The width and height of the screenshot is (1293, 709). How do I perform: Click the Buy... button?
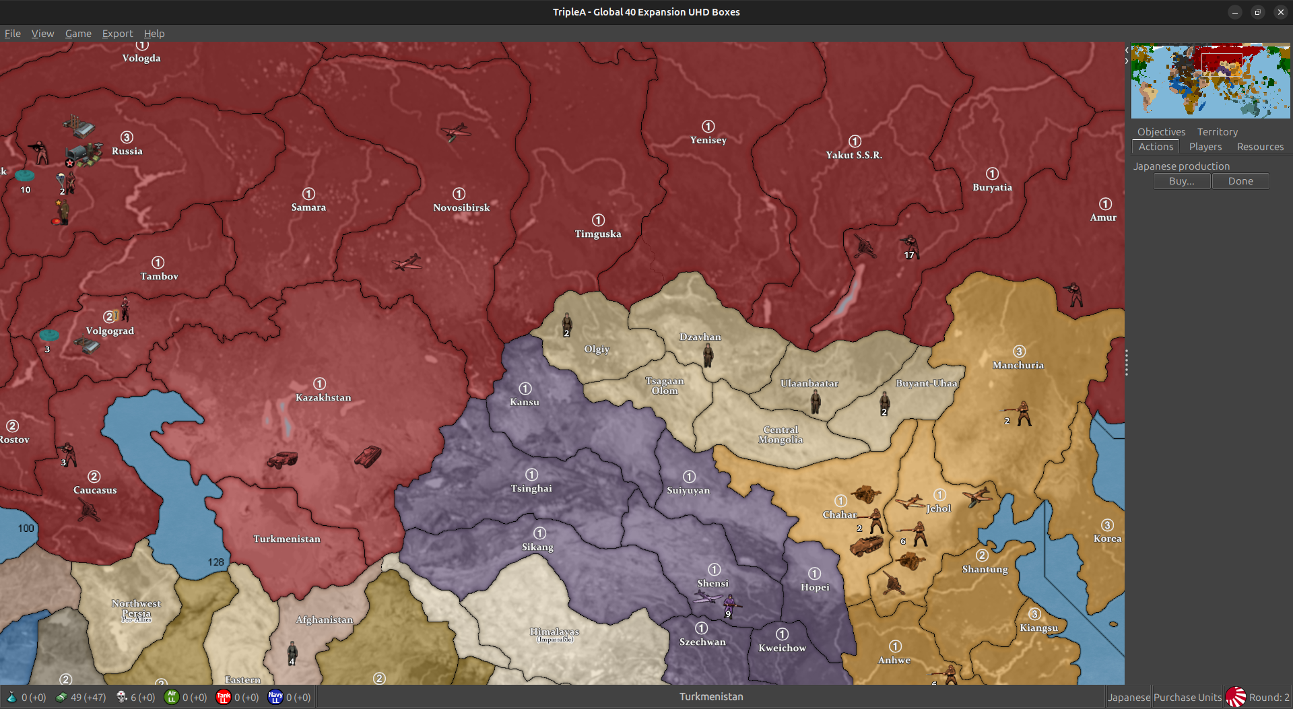point(1181,181)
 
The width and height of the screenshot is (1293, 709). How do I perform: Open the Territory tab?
point(1217,132)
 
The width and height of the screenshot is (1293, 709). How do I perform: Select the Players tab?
point(1205,147)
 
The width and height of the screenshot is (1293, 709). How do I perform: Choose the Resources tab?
point(1259,147)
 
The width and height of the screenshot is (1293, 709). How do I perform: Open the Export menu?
point(117,34)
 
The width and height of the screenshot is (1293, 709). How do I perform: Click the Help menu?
point(154,34)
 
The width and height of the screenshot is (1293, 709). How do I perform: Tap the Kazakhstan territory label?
point(323,397)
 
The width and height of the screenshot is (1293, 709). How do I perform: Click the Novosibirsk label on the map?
point(461,207)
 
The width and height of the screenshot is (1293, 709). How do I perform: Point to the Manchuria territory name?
point(1018,365)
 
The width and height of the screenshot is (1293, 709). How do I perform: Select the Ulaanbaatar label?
point(809,383)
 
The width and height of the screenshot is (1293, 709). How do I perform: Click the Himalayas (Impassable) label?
point(554,634)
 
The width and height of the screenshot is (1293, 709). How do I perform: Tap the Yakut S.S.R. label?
point(854,155)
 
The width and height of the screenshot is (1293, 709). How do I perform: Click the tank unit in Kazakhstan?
point(368,456)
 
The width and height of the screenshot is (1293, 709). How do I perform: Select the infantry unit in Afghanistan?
point(292,651)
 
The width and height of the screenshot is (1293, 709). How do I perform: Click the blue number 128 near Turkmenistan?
point(215,562)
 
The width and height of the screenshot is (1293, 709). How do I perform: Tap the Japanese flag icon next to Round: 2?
point(1235,697)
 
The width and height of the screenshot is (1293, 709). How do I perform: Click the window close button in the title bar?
point(1280,12)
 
